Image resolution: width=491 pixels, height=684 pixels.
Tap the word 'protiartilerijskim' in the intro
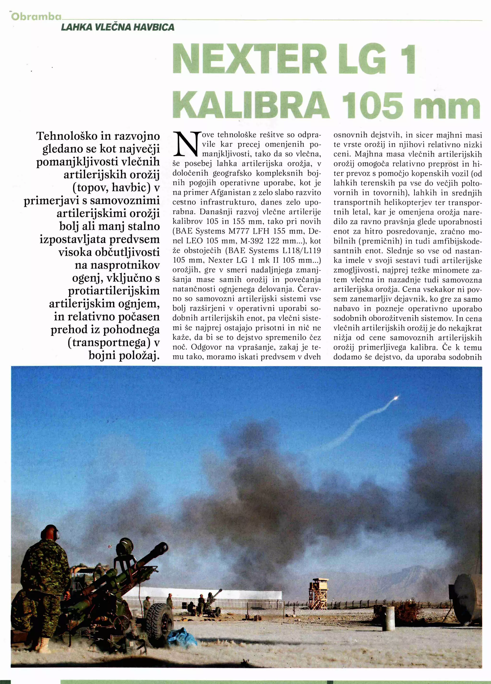(x=114, y=291)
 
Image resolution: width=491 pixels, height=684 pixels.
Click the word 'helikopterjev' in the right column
(x=400, y=203)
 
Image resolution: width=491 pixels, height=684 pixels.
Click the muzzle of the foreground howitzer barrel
(x=164, y=545)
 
